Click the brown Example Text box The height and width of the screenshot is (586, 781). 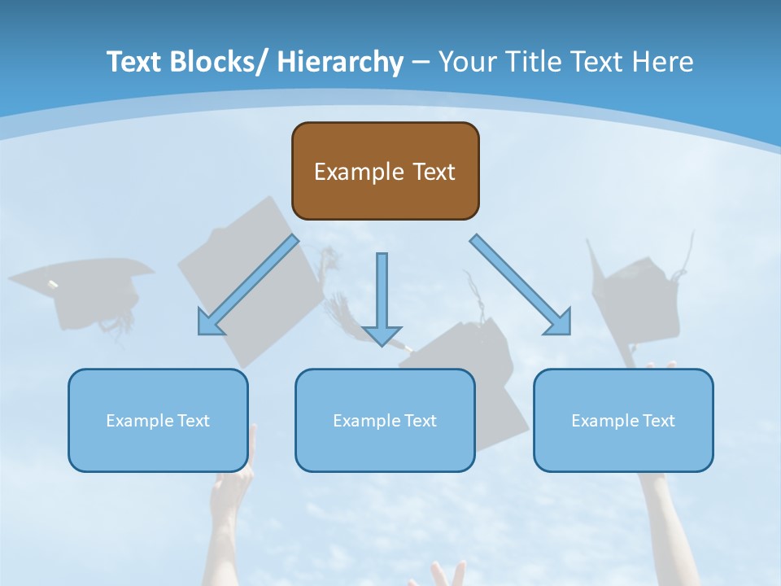(385, 171)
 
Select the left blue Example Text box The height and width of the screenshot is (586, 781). (158, 420)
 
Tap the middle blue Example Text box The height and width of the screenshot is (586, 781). (385, 420)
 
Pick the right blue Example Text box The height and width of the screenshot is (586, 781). (623, 420)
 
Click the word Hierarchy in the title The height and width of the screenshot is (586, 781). (340, 62)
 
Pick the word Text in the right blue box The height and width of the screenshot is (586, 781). (658, 420)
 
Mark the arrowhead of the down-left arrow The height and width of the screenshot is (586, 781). (209, 324)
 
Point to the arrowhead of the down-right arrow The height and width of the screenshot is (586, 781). (560, 323)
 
